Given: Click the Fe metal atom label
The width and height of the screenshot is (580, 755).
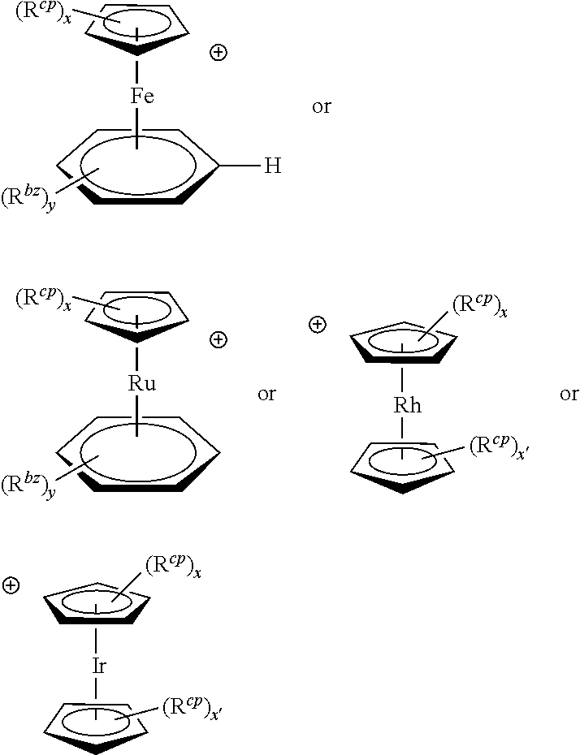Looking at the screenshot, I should (142, 97).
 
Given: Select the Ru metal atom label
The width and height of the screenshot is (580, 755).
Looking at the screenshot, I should (141, 384).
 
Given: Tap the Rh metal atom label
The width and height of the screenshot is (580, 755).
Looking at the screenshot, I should (407, 405).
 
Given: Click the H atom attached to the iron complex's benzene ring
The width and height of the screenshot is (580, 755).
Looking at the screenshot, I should (272, 167).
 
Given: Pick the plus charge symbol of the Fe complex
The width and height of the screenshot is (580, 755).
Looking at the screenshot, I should (219, 54).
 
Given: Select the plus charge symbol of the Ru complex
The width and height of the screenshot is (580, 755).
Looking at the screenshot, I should (219, 339).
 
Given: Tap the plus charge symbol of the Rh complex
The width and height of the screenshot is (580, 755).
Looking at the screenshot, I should (318, 325).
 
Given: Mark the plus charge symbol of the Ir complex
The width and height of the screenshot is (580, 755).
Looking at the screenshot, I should (11, 585).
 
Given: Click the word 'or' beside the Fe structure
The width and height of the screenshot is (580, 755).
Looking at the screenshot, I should (322, 107).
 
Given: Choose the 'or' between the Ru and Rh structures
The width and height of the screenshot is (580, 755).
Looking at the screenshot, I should (266, 395).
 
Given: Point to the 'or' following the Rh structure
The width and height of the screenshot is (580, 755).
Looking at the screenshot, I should (569, 395).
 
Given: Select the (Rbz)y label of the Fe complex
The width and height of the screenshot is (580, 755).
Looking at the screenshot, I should (28, 199).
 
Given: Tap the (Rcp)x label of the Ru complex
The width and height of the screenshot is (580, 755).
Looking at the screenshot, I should (43, 300).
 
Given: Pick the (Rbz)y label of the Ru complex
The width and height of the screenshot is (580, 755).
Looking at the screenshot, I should (28, 488).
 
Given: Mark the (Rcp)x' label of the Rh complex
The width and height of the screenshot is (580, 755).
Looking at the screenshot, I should (500, 447).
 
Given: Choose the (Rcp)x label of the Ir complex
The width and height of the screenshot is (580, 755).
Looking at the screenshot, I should (173, 566).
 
